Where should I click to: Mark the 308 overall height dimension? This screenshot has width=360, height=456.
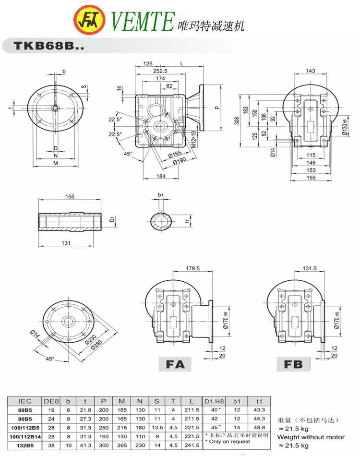pos(236,121)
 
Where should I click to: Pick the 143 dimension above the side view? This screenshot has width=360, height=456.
pos(311,71)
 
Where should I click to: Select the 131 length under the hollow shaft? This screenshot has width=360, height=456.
pos(66,243)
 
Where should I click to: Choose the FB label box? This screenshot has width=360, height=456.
pos(293,364)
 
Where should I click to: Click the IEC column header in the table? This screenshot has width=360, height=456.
pos(25,401)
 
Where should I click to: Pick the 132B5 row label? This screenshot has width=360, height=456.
pos(25,445)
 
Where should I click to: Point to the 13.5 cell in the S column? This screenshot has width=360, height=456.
pos(156,428)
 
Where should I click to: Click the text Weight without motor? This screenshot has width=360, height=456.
pos(311,437)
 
